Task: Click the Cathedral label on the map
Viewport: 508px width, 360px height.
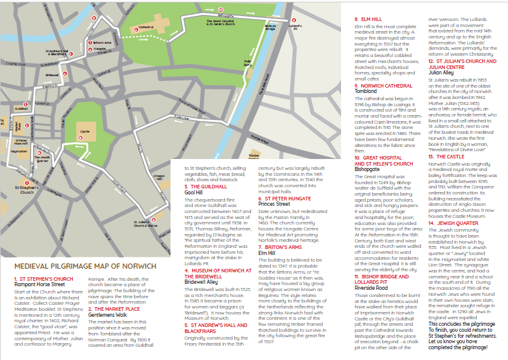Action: pos(147,28)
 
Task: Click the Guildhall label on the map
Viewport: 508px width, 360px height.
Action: pos(22,109)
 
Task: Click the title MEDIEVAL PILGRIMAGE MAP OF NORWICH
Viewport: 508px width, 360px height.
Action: pos(85,266)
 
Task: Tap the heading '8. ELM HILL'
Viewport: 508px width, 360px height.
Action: pos(369,19)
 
